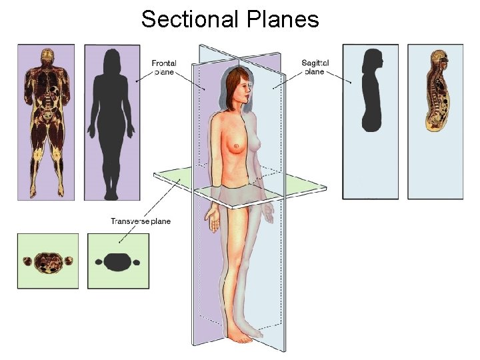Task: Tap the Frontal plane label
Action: (164, 67)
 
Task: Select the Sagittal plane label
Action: (315, 67)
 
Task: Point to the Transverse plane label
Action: (141, 221)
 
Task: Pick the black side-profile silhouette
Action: (371, 93)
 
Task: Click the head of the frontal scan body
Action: (47, 57)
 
